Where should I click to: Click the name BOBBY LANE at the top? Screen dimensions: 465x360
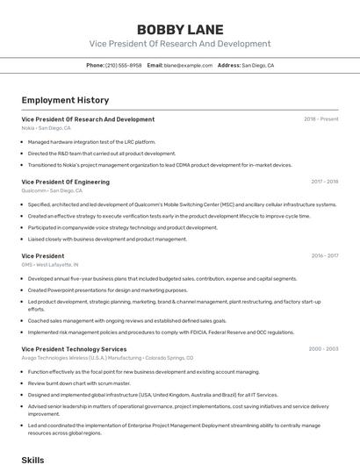pyautogui.click(x=180, y=30)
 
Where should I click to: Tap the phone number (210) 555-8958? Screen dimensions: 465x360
pyautogui.click(x=124, y=65)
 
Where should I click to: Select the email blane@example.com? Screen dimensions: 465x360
pyautogui.click(x=188, y=65)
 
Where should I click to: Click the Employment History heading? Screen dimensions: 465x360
pyautogui.click(x=65, y=100)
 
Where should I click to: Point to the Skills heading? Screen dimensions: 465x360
pyautogui.click(x=32, y=459)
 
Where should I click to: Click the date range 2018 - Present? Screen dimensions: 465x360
pyautogui.click(x=321, y=119)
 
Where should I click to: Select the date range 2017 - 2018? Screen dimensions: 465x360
pyautogui.click(x=324, y=182)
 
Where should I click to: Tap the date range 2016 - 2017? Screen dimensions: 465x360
pyautogui.click(x=324, y=255)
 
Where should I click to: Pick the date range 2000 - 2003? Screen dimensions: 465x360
pyautogui.click(x=323, y=349)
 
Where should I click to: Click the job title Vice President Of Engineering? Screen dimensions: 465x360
pyautogui.click(x=66, y=182)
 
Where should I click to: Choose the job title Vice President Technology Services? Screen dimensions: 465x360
pyautogui.click(x=74, y=349)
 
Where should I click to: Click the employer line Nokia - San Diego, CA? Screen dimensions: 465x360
pyautogui.click(x=47, y=128)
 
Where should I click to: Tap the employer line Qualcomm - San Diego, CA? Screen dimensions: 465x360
pyautogui.click(x=52, y=190)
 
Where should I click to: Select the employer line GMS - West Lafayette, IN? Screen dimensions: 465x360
pyautogui.click(x=50, y=264)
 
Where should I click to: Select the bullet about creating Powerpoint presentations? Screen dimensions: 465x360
pyautogui.click(x=107, y=290)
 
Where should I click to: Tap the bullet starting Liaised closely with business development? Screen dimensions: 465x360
pyautogui.click(x=107, y=239)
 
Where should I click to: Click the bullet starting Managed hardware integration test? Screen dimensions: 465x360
pyautogui.click(x=91, y=141)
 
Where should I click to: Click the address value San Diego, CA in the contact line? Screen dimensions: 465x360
pyautogui.click(x=258, y=65)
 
